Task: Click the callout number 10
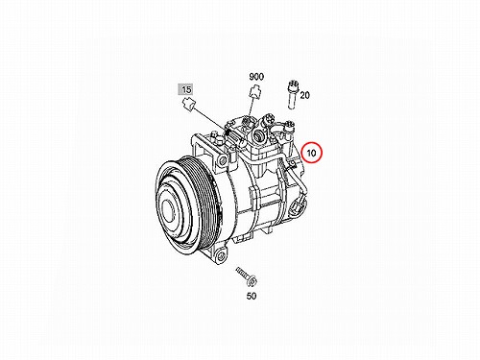311,153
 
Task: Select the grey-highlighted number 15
186,89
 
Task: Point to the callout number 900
256,77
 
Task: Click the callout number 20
305,95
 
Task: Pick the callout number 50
252,296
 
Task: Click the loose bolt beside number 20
293,94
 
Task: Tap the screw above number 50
247,276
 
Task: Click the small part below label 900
254,92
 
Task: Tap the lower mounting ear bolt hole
221,256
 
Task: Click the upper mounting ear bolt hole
221,160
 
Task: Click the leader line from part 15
208,119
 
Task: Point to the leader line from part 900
251,108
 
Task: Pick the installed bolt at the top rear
290,129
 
